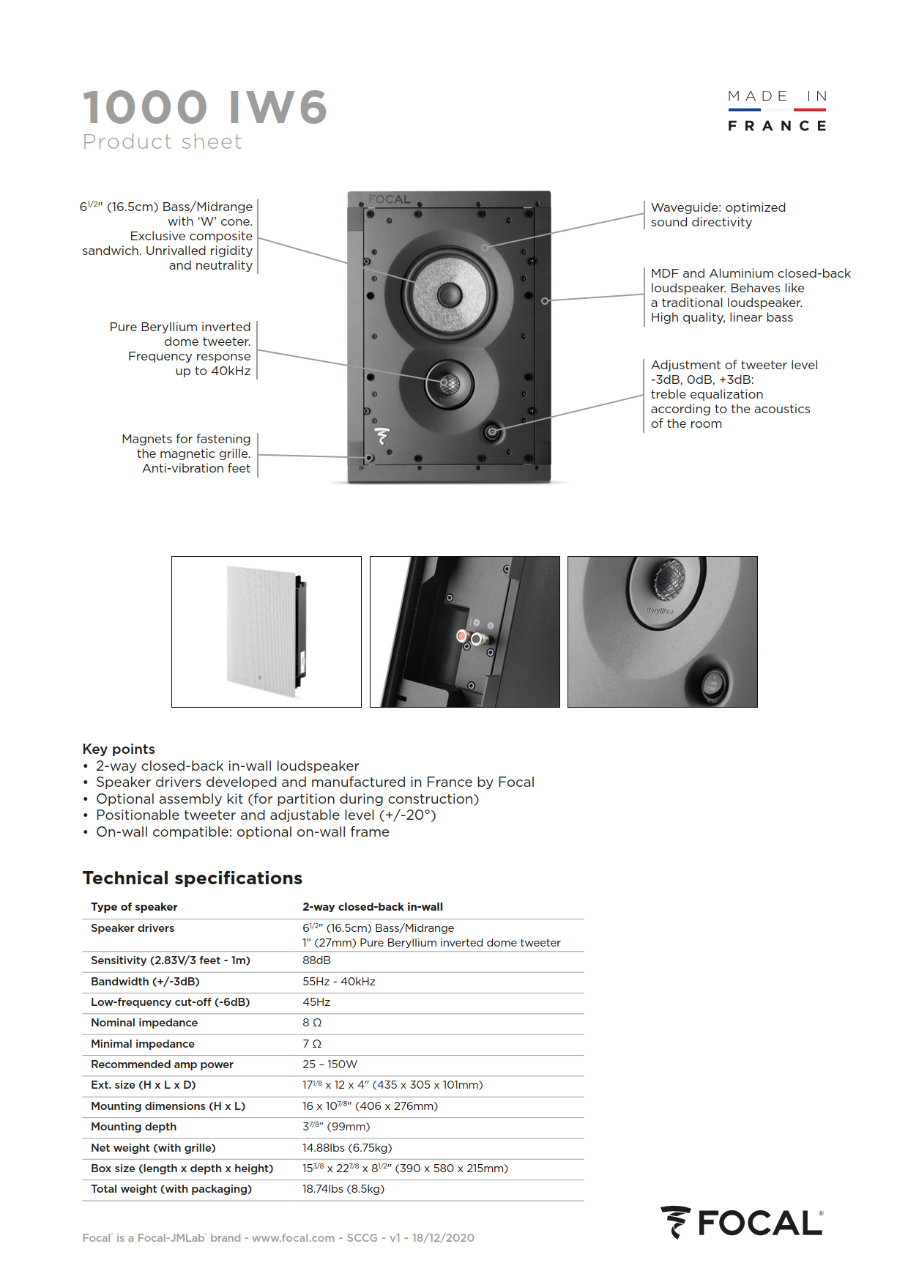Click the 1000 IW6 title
click(x=204, y=107)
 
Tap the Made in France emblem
click(x=777, y=111)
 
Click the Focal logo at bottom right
click(x=742, y=1223)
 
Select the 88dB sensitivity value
click(x=316, y=960)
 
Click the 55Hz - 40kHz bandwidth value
click(x=338, y=982)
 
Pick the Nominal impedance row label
click(x=144, y=1023)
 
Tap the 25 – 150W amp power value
click(x=330, y=1064)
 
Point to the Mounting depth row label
click(x=133, y=1127)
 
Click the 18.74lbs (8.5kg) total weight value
click(x=343, y=1189)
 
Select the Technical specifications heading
click(x=192, y=878)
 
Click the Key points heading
click(x=119, y=749)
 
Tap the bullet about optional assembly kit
click(x=287, y=799)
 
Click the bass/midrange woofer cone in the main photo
click(x=448, y=295)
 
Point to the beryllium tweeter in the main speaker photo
click(x=449, y=383)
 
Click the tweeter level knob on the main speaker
click(x=492, y=432)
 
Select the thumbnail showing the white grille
click(x=267, y=632)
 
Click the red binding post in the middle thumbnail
click(x=463, y=637)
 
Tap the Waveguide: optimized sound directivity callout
click(x=718, y=215)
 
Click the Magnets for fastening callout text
click(x=186, y=453)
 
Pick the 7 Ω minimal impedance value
click(x=312, y=1044)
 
